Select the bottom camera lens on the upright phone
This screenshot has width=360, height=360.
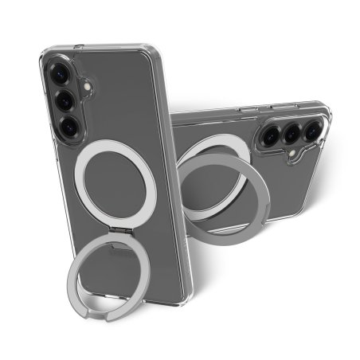[68, 124]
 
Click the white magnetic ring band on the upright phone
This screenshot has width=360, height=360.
[80, 176]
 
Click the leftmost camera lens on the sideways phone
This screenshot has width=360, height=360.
[269, 136]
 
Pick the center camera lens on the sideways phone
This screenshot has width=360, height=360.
[292, 133]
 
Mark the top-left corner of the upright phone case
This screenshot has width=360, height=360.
[46, 54]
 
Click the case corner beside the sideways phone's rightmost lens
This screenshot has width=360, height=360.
[327, 112]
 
